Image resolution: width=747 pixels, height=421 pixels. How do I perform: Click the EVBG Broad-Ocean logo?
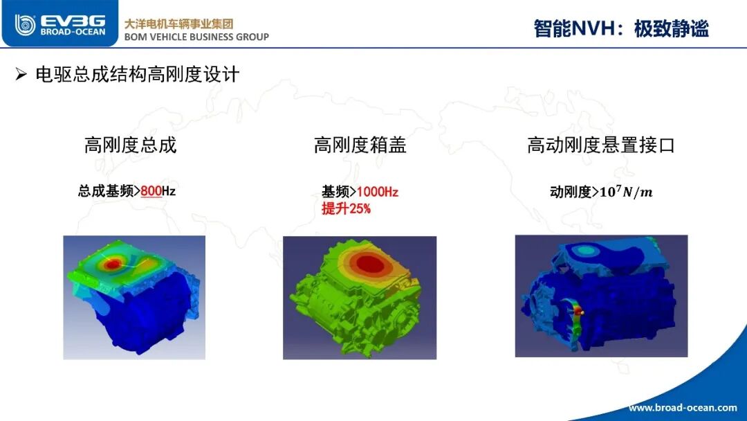coord(59,24)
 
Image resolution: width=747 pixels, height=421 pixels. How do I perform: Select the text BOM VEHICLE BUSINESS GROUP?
coord(196,37)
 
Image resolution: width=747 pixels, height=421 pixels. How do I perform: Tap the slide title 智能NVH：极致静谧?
coord(620,28)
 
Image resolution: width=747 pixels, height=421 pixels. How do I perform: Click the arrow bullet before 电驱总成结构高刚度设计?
coord(21,74)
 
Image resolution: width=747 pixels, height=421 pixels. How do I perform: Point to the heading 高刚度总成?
coord(131,145)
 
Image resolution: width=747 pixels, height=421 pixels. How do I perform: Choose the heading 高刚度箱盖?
coord(360,145)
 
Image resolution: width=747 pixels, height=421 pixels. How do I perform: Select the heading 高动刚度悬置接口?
coord(601,145)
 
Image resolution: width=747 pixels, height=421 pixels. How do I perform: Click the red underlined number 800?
coord(151,191)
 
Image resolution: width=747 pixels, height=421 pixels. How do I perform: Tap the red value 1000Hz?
coord(378,192)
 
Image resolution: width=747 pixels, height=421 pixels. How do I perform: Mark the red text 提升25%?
coord(346,208)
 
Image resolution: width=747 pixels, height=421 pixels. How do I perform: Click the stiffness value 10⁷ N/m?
coord(626,192)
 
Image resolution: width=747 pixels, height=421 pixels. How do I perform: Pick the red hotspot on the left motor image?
coord(113,264)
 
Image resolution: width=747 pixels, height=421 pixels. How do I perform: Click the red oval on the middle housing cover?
coord(370,264)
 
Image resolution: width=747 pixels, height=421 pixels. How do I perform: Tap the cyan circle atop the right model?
coord(586,250)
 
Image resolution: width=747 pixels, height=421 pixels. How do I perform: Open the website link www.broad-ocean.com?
coord(683,407)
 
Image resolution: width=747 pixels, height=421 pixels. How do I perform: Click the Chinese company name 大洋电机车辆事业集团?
coord(178,24)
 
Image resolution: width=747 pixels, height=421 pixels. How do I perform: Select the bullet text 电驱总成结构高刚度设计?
coord(137,75)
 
